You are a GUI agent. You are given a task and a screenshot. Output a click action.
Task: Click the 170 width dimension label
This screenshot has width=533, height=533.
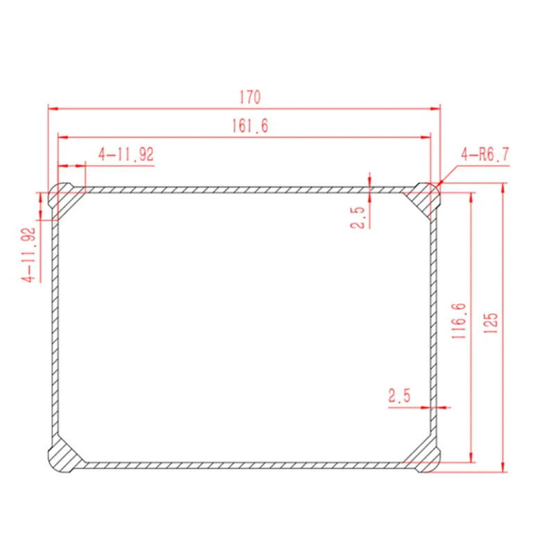(250, 97)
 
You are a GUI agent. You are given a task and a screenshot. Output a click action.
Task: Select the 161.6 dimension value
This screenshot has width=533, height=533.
(250, 126)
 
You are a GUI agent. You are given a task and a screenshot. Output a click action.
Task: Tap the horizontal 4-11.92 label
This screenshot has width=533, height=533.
(126, 154)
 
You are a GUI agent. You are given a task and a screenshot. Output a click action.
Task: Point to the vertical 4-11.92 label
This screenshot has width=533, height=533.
(28, 255)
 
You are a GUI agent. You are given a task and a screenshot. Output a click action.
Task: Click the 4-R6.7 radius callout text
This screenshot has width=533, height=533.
(485, 155)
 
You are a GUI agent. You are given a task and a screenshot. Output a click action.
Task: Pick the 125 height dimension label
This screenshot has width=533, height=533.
(490, 323)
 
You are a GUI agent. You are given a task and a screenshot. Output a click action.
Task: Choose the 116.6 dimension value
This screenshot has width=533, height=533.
(459, 321)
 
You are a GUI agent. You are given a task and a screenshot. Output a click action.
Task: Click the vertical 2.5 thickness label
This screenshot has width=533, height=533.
(357, 217)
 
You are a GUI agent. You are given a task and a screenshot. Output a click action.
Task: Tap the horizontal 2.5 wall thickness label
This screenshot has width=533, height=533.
(400, 396)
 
